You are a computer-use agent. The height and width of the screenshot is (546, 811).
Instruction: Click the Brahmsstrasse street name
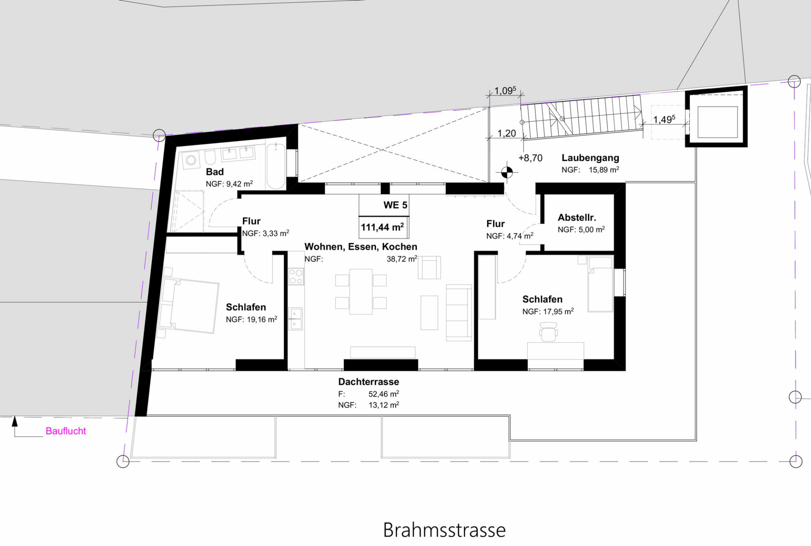444,530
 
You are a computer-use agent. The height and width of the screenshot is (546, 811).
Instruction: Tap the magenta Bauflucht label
66,431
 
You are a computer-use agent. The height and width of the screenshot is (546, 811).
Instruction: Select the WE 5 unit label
395,205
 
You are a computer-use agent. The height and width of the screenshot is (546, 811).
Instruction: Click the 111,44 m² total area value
382,227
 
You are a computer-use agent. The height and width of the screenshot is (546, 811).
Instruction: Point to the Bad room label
215,172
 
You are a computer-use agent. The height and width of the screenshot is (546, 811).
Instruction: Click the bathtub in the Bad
276,166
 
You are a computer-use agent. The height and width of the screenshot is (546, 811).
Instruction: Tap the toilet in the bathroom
210,158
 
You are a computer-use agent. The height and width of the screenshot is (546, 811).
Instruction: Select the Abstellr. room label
577,218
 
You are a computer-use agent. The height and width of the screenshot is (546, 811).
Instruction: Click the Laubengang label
590,158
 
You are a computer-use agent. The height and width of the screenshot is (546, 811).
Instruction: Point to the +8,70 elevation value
531,158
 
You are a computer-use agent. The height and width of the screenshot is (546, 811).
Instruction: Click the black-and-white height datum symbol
507,172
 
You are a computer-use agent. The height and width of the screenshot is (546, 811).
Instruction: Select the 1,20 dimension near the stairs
506,134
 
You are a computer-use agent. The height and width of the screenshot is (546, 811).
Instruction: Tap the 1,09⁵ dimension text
505,90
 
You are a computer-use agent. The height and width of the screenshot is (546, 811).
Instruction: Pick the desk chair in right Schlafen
548,332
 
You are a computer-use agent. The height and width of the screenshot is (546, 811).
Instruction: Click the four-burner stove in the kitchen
296,276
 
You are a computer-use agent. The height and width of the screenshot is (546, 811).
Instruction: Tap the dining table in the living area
361,292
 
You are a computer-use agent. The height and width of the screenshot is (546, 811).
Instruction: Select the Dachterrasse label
368,382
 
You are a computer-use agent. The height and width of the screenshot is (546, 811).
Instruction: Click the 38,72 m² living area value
402,259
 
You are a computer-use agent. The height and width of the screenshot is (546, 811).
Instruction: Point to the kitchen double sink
296,319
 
